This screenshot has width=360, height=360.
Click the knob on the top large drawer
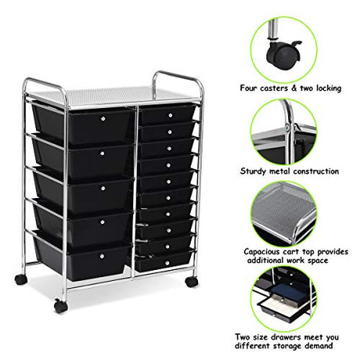[x=103, y=119]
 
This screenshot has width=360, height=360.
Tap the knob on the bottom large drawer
[x=102, y=256]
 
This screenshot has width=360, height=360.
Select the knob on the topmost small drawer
[x=171, y=115]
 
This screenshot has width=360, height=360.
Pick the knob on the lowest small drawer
[x=167, y=263]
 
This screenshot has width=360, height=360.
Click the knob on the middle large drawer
[x=103, y=188]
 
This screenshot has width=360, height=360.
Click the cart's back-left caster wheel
[x=21, y=279]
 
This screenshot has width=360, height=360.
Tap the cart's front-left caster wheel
[x=61, y=306]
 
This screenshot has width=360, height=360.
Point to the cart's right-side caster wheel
[x=192, y=282]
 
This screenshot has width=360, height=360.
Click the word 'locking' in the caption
[x=329, y=88]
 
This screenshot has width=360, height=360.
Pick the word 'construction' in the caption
[x=316, y=171]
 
